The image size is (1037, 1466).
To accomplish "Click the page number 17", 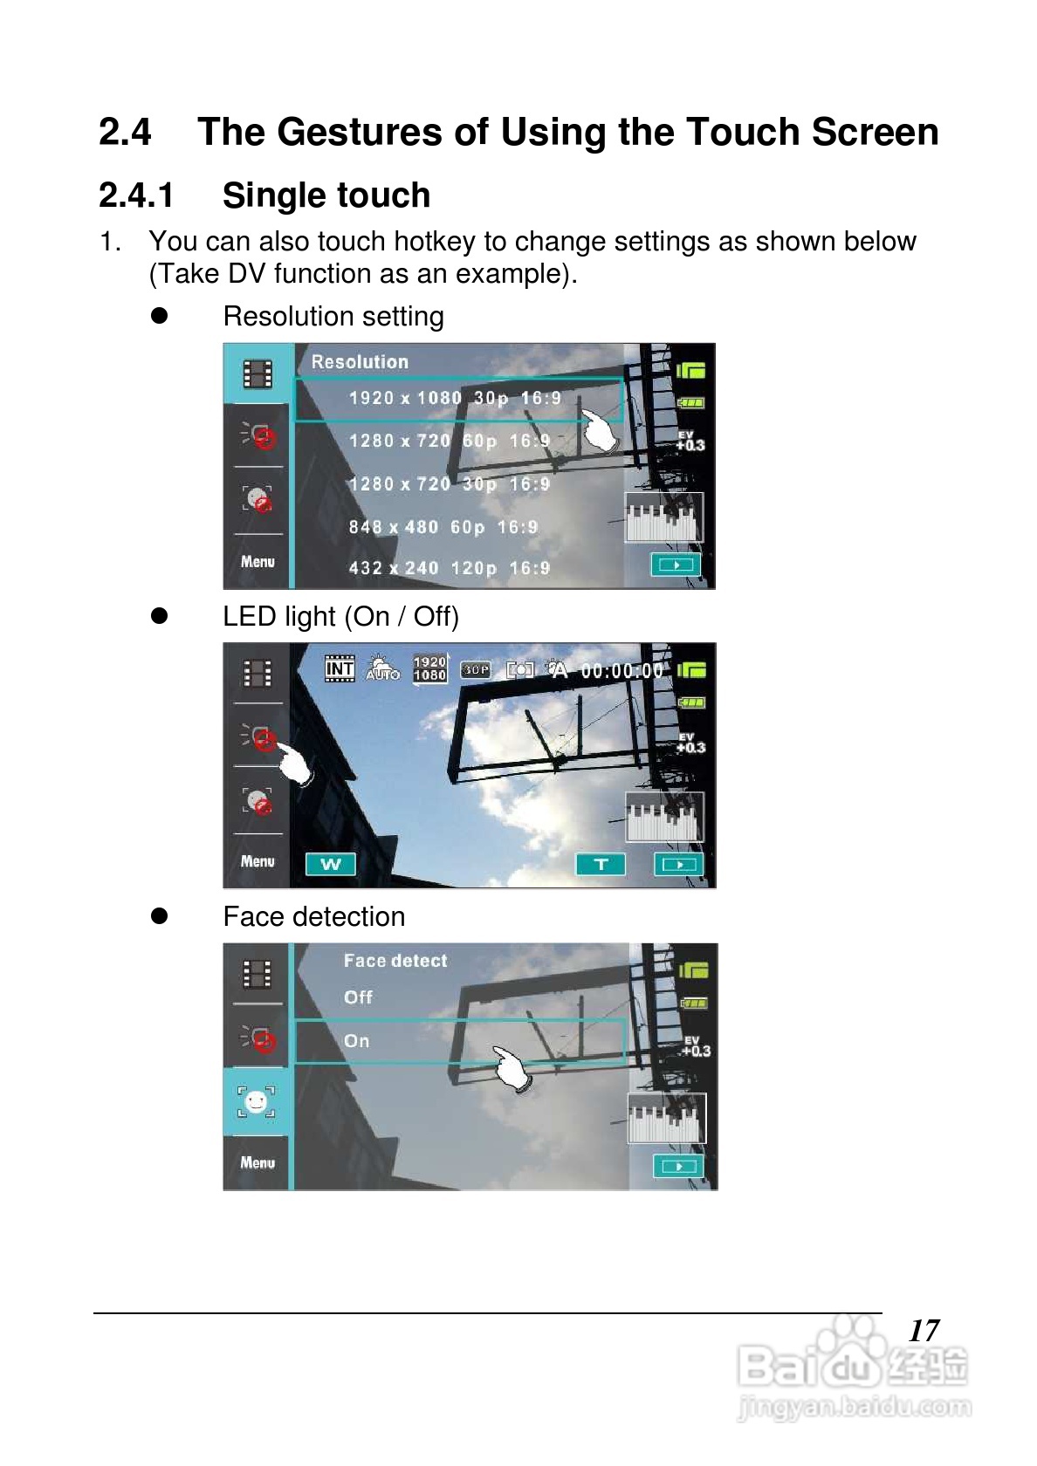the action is click(x=924, y=1331).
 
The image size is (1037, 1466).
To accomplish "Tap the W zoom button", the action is click(x=331, y=864).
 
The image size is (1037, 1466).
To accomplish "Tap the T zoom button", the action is click(x=601, y=864).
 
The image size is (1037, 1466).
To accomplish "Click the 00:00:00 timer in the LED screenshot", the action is click(x=622, y=671).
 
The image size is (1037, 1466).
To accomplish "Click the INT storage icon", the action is click(x=340, y=668).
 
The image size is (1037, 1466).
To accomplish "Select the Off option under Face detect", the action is click(x=358, y=997).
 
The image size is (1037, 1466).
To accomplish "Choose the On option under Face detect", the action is click(x=357, y=1040).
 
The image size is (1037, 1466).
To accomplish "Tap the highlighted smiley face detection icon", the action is click(x=256, y=1101).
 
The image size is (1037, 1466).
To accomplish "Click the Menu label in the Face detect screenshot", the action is click(x=258, y=1162).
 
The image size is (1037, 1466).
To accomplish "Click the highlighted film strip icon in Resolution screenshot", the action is click(x=258, y=374).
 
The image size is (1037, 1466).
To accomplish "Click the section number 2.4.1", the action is click(x=136, y=195).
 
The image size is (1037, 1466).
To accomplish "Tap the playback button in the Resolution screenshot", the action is click(x=676, y=565).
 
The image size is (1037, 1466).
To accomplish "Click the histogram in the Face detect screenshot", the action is click(x=667, y=1119).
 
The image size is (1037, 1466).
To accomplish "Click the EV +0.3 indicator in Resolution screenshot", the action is click(x=690, y=442).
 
